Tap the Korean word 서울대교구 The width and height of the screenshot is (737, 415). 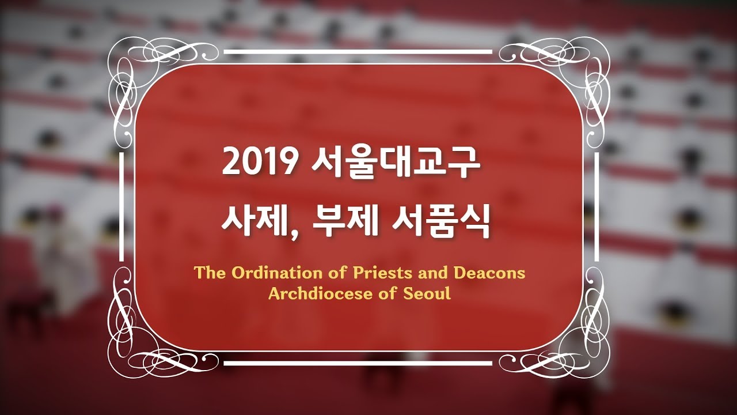tap(395, 164)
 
